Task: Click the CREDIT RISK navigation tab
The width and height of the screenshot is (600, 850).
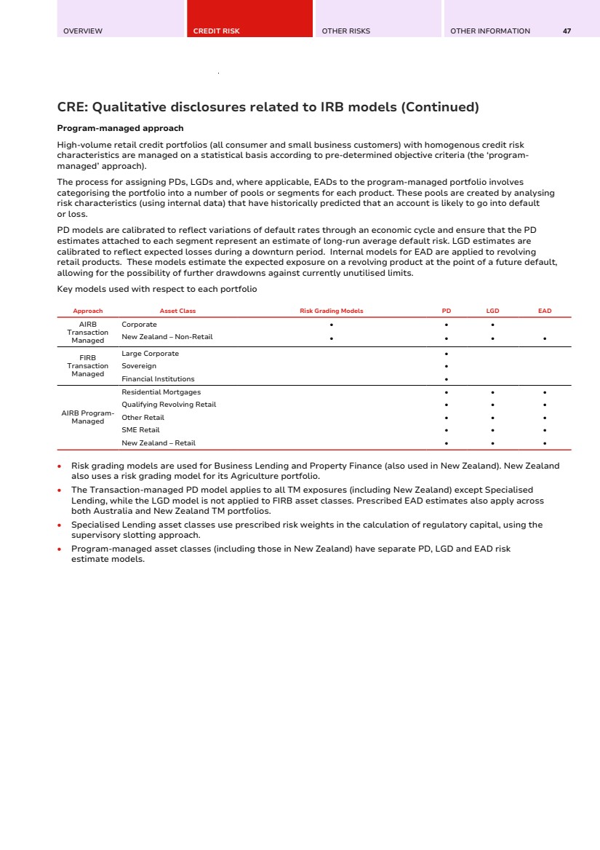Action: click(217, 31)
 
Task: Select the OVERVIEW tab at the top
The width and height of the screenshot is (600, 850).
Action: click(83, 31)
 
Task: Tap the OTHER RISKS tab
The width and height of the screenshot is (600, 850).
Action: click(346, 31)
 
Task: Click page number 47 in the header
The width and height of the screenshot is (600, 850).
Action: click(567, 31)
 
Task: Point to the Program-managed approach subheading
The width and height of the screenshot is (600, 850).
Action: click(120, 128)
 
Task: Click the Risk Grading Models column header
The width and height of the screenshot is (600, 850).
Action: click(332, 311)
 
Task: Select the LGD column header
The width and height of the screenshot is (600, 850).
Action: click(492, 311)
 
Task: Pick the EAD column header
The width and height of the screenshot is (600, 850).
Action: click(545, 311)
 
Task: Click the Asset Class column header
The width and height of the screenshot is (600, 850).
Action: click(177, 311)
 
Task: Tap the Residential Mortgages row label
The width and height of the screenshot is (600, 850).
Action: click(161, 392)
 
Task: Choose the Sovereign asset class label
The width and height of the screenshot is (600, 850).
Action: click(139, 366)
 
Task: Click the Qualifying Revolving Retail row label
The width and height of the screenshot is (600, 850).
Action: click(169, 405)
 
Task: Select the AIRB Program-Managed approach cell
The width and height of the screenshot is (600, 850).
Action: click(87, 417)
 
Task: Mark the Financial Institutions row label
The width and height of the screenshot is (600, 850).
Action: click(158, 379)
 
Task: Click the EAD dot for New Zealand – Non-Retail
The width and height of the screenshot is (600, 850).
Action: click(545, 338)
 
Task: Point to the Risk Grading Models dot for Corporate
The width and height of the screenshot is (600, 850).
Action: click(331, 325)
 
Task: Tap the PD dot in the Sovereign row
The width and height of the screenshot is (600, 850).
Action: click(446, 366)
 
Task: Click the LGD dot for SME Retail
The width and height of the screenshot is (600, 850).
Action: click(492, 431)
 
